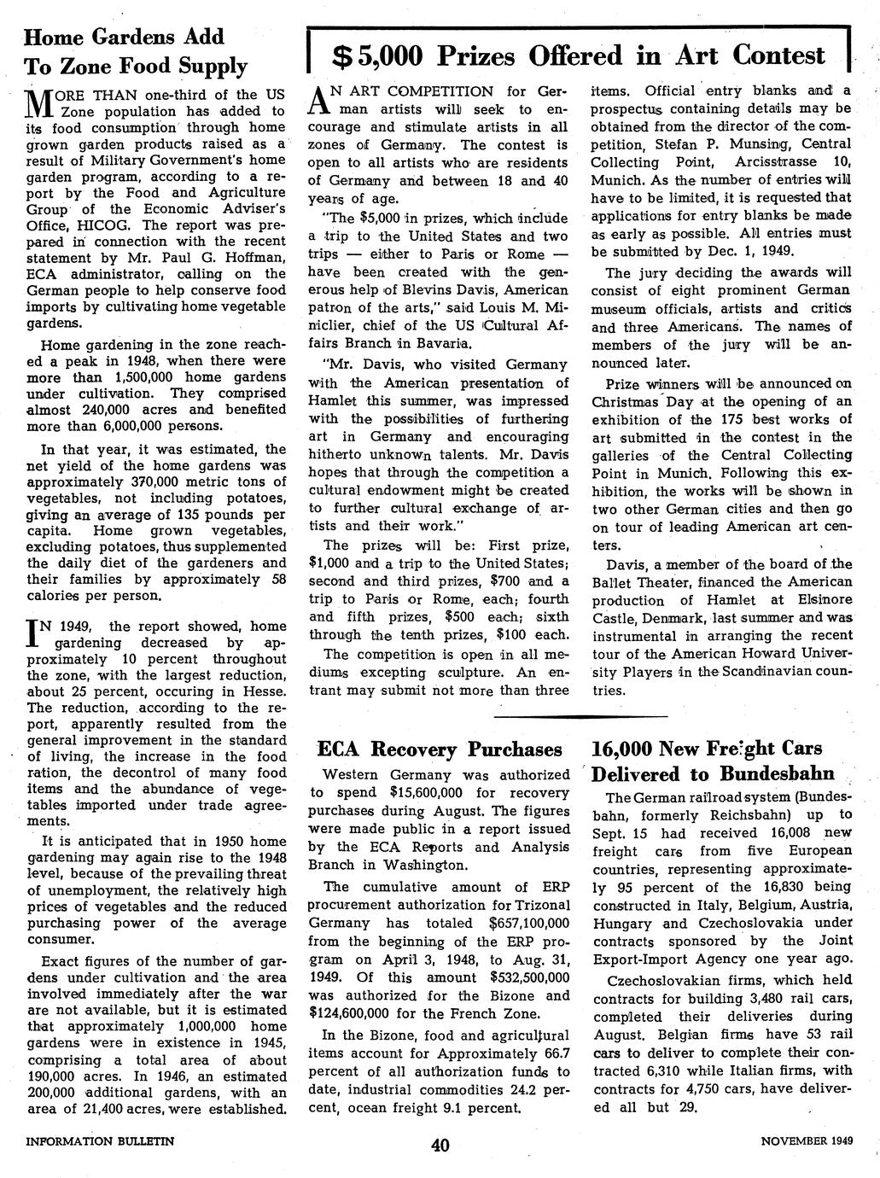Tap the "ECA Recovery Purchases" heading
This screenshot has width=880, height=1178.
coord(440,750)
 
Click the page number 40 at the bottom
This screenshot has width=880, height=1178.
coord(440,1145)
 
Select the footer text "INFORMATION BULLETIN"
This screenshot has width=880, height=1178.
coord(101,1140)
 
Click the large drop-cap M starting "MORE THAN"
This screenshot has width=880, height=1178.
coord(39,103)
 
